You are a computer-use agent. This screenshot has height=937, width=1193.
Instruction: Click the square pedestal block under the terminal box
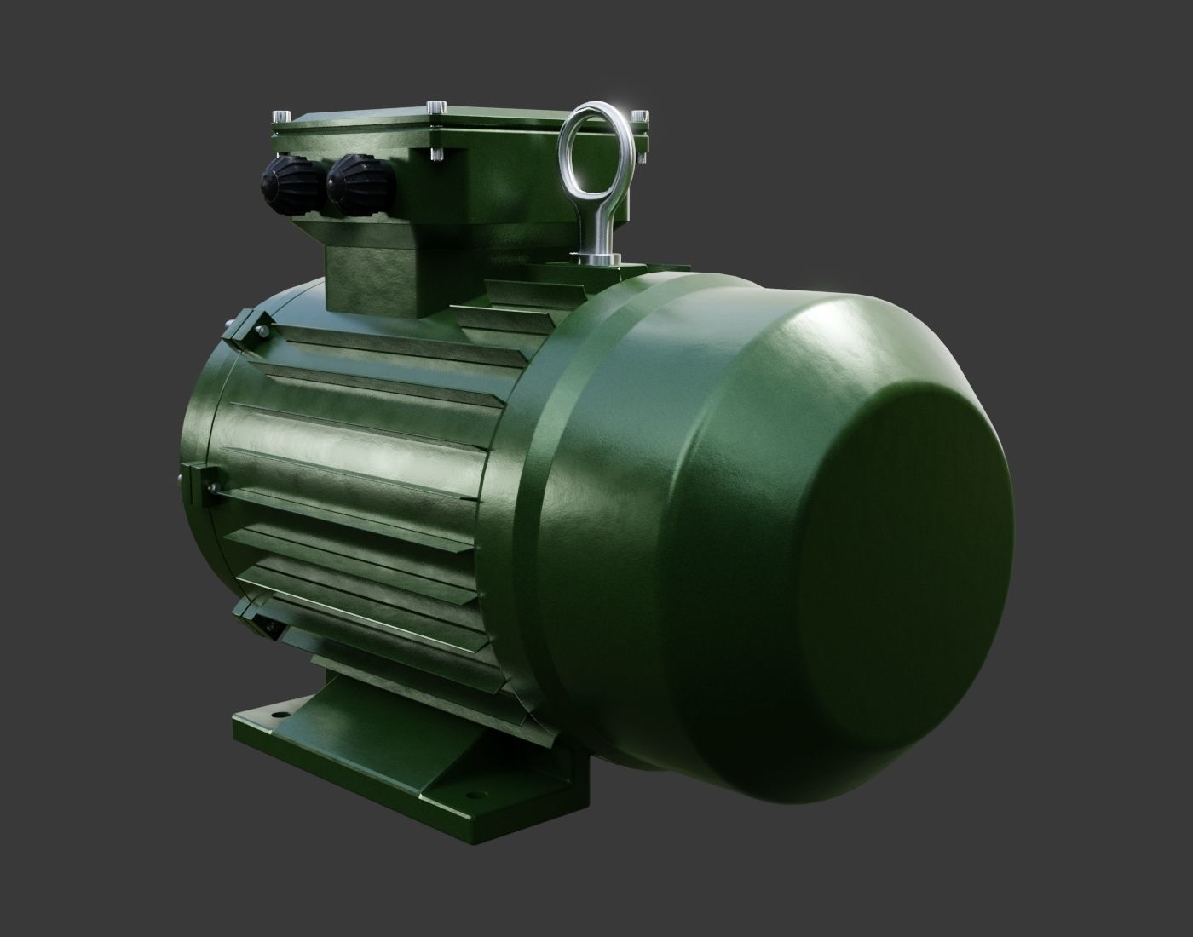pos(375,277)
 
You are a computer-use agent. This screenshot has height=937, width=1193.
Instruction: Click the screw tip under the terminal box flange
pos(435,154)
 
